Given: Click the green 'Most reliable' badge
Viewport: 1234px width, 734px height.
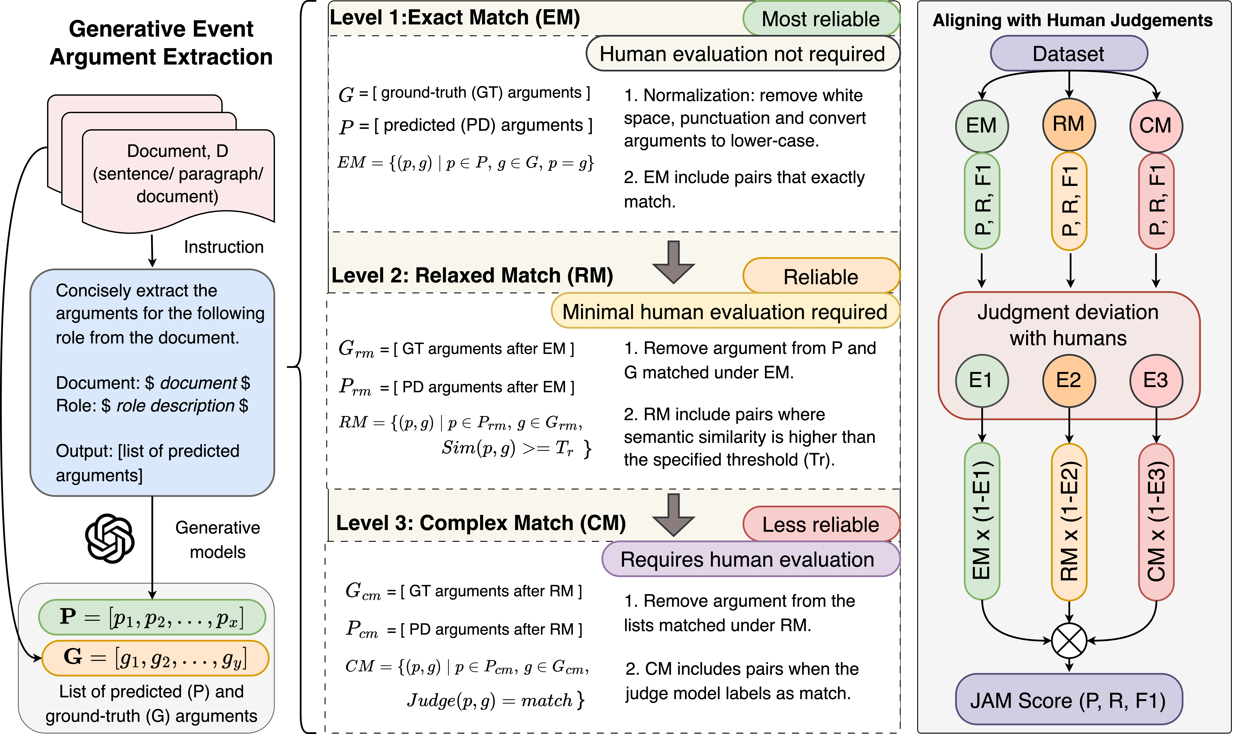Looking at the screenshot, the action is (821, 19).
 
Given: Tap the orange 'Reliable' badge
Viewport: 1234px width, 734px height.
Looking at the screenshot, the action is (821, 276).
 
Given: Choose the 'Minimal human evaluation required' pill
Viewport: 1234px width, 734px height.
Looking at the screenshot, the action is (725, 312).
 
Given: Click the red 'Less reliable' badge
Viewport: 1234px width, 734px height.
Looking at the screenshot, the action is (821, 524).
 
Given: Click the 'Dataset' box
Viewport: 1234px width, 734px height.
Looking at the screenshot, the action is (1068, 53).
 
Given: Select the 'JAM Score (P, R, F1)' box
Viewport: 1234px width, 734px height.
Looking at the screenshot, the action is (1068, 700).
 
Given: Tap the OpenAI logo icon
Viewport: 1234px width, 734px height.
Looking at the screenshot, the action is (110, 539).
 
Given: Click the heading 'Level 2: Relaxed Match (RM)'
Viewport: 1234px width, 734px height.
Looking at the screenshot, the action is (472, 275).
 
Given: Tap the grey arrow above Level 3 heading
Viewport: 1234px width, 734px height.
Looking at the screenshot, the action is (673, 514).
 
